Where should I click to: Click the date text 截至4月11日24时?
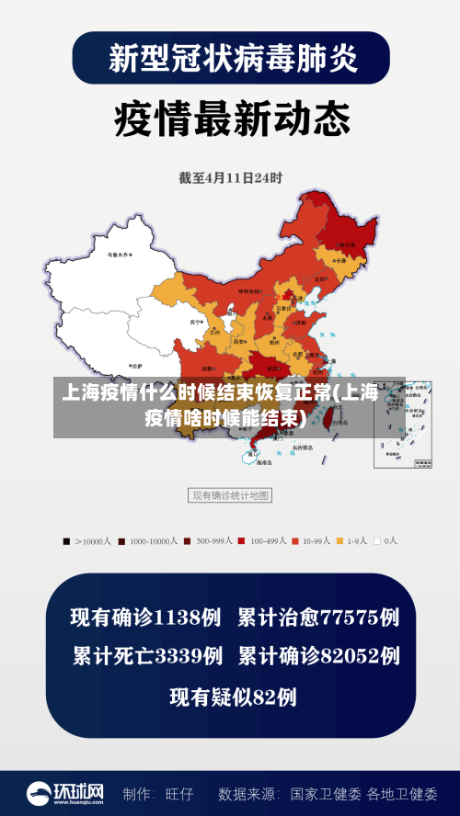[x=230, y=178]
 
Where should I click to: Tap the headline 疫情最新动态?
[x=231, y=119]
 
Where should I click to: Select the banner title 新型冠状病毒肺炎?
[x=231, y=58]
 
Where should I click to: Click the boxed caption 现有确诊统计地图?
[x=230, y=495]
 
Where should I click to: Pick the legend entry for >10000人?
[x=88, y=541]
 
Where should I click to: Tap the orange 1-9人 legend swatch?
[x=339, y=541]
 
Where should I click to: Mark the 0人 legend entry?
[x=379, y=541]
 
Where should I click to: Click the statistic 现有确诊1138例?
[x=145, y=617]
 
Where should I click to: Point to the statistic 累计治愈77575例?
[x=318, y=617]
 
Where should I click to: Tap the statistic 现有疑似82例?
[x=232, y=697]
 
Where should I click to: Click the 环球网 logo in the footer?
[x=64, y=793]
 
